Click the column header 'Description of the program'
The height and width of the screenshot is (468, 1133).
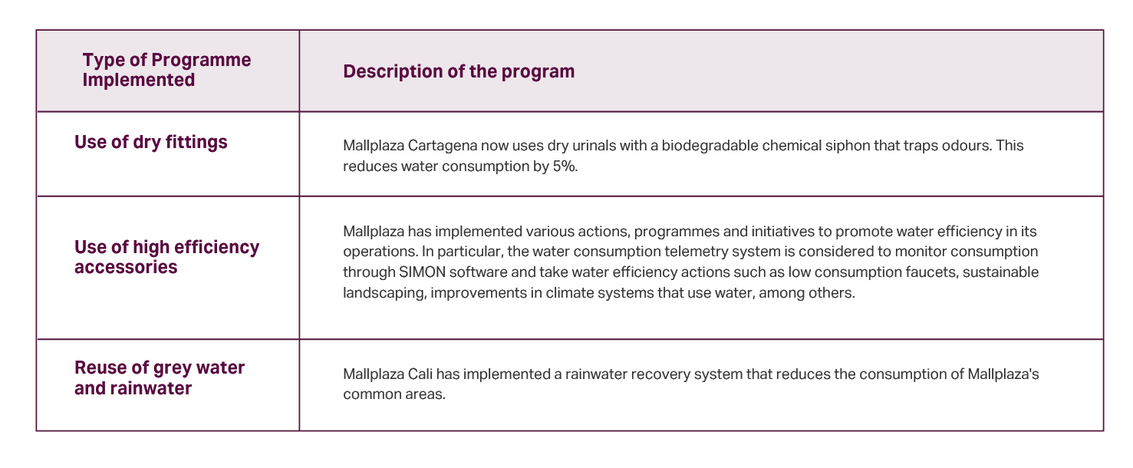coord(459,72)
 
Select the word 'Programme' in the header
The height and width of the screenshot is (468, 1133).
coord(201,60)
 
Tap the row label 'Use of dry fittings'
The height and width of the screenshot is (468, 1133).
coord(150,143)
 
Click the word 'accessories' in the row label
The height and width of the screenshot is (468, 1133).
coord(126,267)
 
